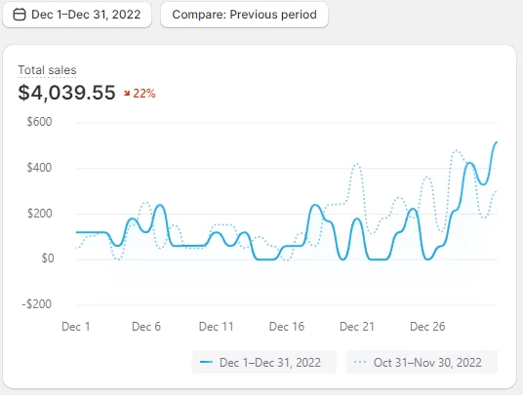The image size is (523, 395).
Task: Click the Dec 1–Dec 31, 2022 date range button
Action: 77,15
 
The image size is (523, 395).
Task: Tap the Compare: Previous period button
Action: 244,15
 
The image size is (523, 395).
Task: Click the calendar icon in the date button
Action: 20,15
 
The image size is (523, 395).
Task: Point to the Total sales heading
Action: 47,70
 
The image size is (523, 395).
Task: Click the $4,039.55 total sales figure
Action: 66,93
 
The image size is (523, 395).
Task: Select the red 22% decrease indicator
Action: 140,94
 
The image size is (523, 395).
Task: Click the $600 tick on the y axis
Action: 39,122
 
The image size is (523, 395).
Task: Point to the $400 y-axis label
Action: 39,168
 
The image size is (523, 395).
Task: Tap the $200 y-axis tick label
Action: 39,213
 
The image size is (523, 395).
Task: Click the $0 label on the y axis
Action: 48,258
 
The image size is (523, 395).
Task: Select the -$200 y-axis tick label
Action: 37,304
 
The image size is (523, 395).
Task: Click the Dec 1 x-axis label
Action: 76,327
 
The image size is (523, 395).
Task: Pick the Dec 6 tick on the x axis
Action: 146,327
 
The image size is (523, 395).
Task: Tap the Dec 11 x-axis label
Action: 217,327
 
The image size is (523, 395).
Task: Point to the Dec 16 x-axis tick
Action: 287,327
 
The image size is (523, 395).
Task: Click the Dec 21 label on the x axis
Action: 357,327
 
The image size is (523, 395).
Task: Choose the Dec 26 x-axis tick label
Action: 427,327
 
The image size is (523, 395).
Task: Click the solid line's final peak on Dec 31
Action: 497,142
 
